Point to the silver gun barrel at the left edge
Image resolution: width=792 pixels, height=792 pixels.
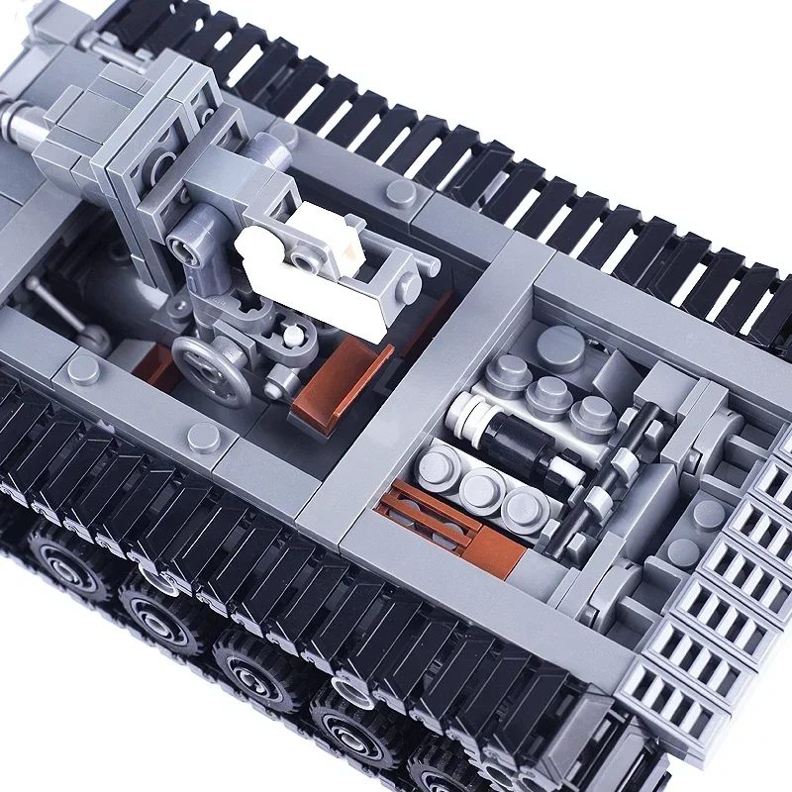point(20,124)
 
